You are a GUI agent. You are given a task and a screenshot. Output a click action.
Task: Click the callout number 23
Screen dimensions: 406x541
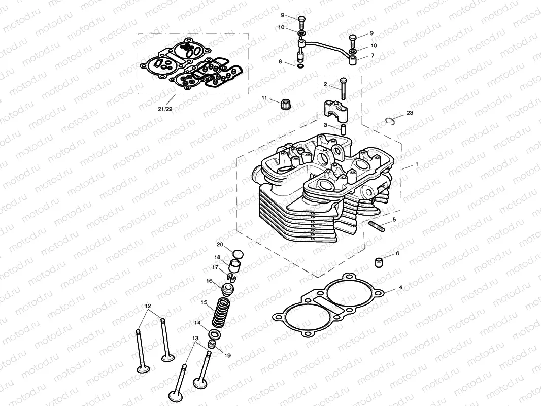coord(410,112)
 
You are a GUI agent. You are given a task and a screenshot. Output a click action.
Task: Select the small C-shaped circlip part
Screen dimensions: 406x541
coord(390,120)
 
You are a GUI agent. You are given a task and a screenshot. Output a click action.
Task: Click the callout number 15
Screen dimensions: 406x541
coord(204,302)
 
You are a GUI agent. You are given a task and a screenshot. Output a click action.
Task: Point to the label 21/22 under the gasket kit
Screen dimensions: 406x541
coord(165,109)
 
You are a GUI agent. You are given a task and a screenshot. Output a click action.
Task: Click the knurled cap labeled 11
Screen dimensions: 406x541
coord(285,105)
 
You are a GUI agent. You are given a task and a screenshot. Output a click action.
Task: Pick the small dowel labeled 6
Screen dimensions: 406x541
coord(378,262)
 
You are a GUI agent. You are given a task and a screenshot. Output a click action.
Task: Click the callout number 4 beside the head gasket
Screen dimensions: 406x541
coord(400,287)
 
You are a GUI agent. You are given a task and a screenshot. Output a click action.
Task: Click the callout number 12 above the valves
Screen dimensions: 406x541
coord(148,306)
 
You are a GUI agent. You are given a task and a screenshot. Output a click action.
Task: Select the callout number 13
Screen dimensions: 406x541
coord(195,338)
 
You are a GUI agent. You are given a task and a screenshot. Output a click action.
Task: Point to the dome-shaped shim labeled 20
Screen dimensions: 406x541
coord(235,252)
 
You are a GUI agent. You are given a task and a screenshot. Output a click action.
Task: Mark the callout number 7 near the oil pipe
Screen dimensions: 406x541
coord(373,55)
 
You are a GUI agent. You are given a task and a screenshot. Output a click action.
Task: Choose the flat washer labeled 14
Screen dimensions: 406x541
coord(215,335)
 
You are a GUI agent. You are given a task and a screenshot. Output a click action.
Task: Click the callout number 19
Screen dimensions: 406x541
coord(227,356)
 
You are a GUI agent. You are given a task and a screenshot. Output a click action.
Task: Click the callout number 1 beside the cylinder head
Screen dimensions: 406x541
coord(417,165)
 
